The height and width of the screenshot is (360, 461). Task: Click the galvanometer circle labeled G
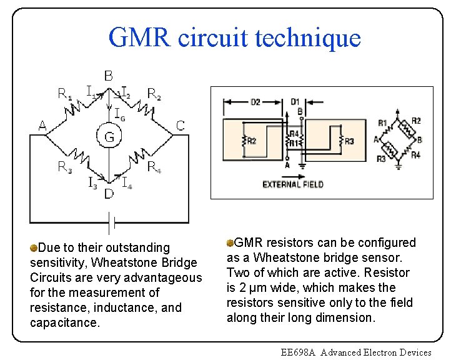point(109,136)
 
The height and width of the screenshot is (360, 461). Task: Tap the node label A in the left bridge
point(42,126)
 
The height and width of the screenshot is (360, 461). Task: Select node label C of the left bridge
point(180,126)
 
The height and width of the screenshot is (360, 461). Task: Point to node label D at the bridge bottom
point(109,194)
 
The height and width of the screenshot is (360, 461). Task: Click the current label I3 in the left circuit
point(92,183)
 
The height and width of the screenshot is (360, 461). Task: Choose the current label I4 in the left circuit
point(126,183)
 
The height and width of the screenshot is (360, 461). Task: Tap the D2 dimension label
point(255,102)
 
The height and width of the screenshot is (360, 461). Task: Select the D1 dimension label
point(295,102)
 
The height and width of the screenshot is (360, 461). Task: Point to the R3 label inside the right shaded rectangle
point(349,142)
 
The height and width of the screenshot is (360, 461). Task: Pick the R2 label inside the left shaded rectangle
point(250,142)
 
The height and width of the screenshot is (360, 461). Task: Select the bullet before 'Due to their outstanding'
point(34,248)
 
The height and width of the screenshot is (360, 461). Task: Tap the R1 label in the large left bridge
point(64,94)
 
